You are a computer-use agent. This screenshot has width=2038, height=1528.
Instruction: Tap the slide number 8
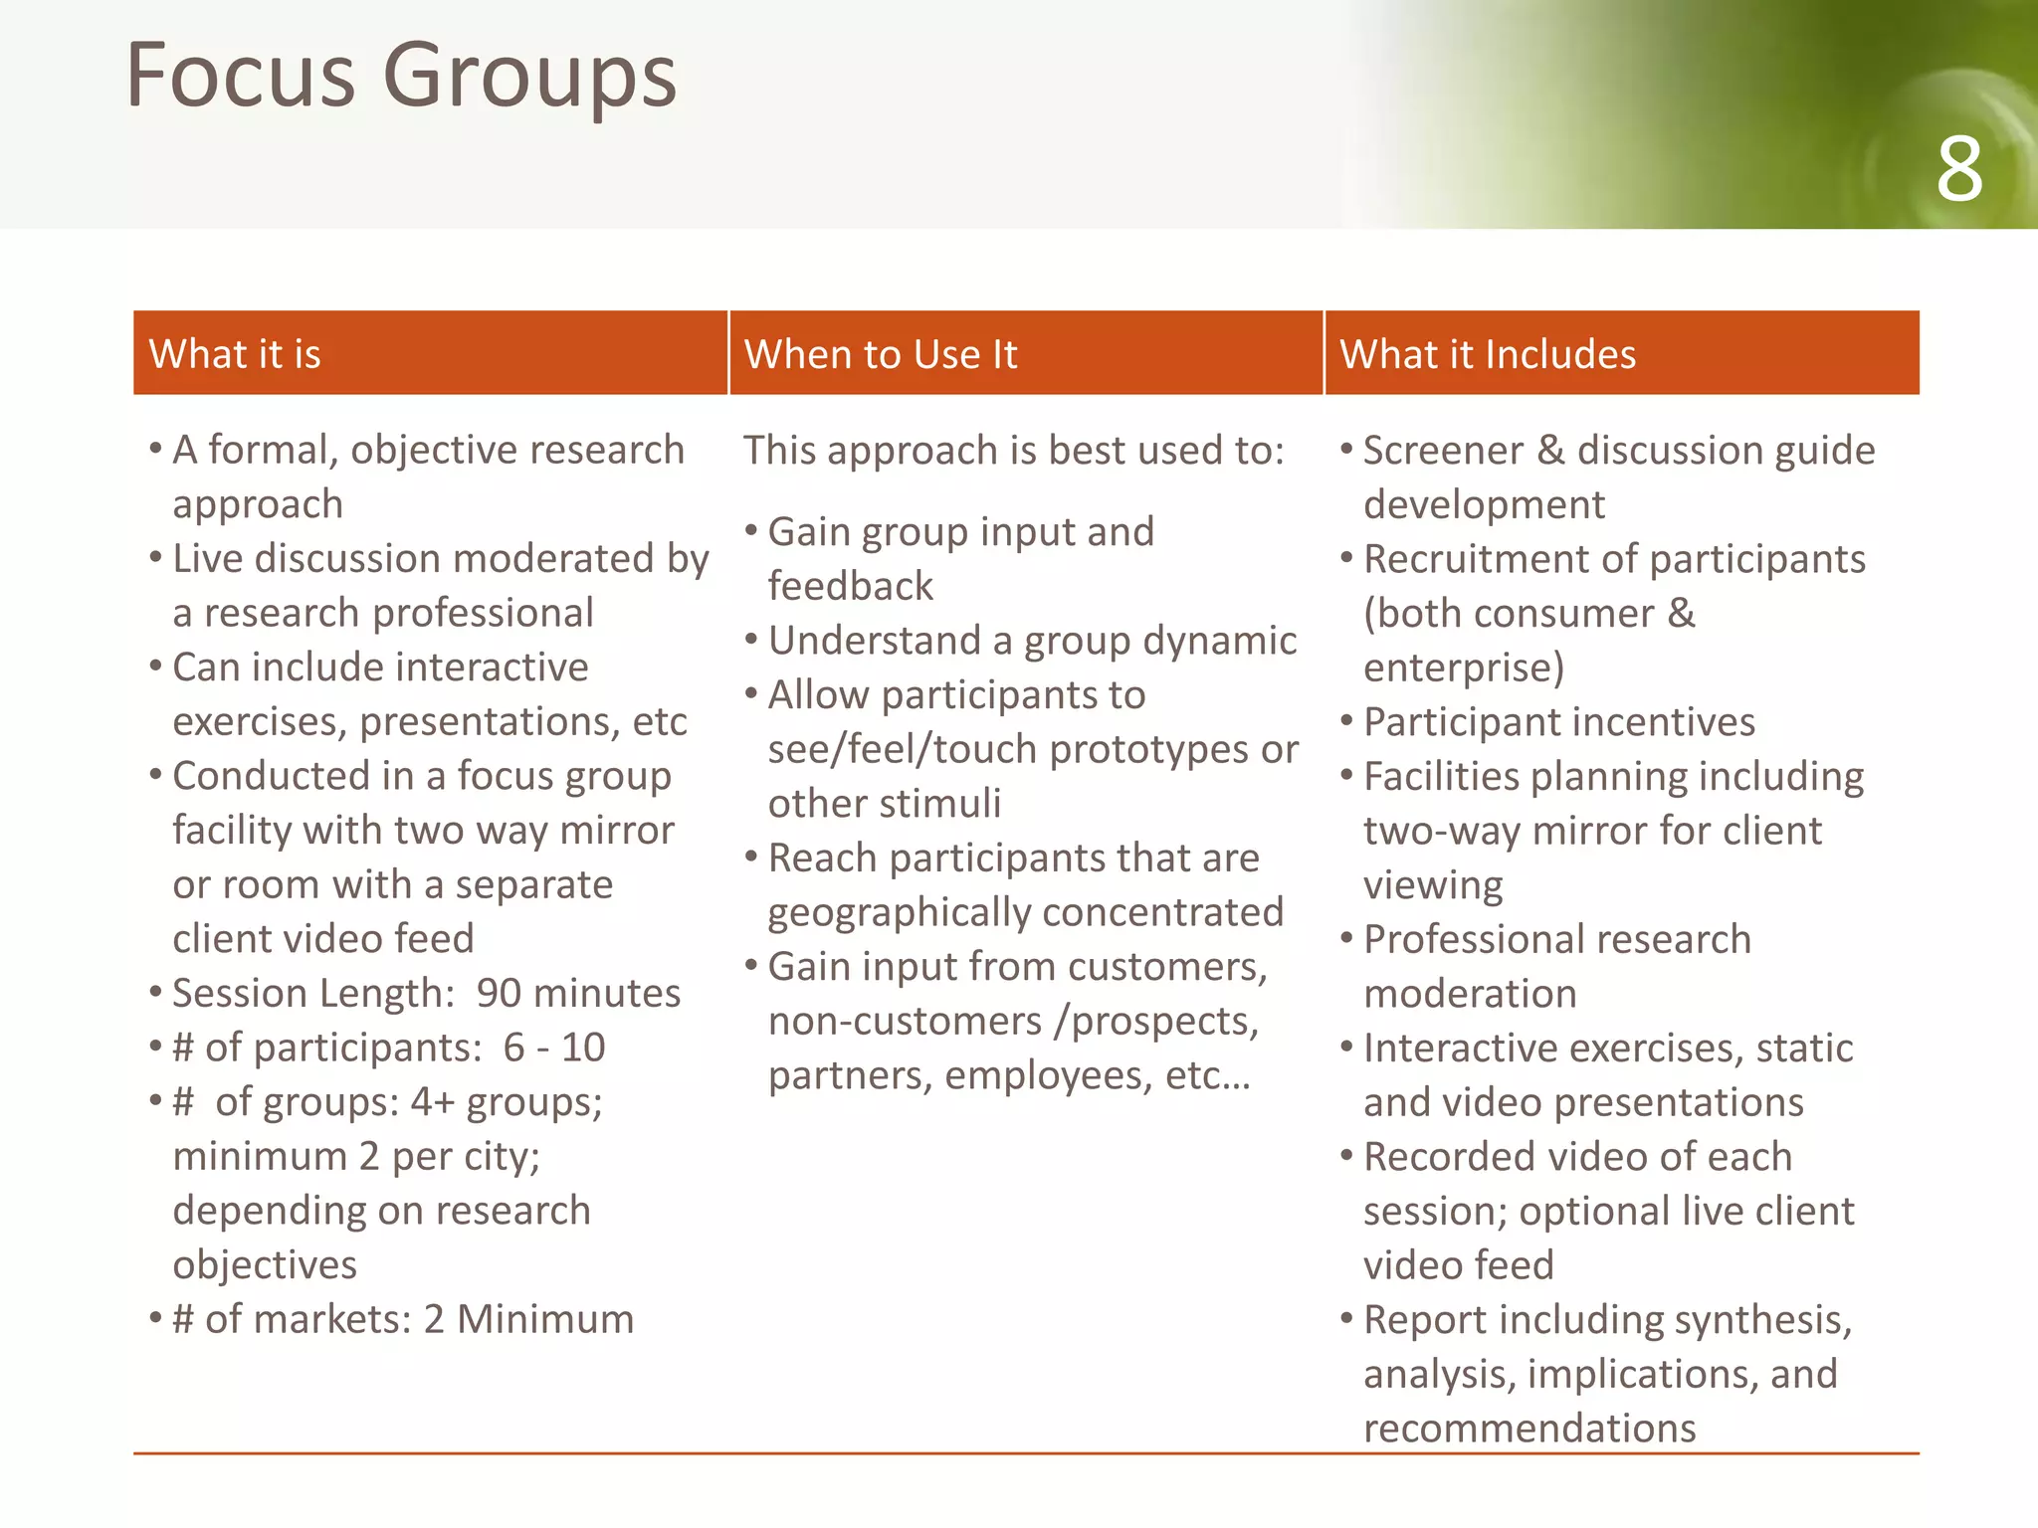1958,170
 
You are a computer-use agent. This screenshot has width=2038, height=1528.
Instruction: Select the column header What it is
235,354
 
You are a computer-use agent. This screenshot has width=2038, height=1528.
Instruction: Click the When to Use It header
881,354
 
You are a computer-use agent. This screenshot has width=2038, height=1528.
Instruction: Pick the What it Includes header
1488,354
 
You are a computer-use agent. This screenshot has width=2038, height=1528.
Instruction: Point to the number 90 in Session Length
500,993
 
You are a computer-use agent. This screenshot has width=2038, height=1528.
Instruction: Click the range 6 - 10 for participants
554,1048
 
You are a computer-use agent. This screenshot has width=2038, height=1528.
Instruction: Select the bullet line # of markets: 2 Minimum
403,1319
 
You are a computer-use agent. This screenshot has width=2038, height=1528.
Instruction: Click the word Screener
1443,451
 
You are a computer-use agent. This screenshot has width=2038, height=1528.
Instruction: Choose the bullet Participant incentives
1559,722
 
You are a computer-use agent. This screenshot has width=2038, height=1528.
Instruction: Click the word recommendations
1529,1429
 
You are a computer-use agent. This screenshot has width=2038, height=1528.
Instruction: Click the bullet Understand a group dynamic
1032,641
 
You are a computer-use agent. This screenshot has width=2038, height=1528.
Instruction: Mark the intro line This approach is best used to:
1014,451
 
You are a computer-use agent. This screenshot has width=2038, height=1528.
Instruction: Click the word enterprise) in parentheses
1464,668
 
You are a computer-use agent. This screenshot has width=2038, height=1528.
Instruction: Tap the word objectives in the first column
265,1265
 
